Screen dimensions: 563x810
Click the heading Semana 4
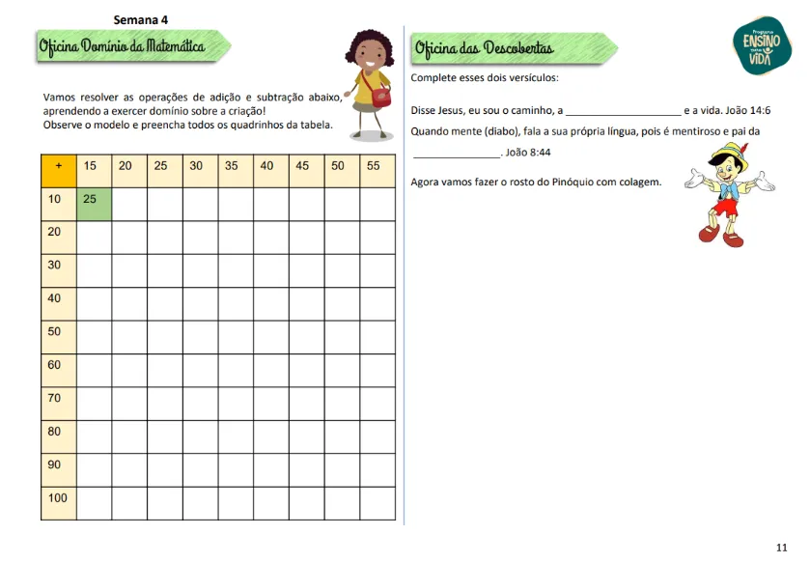pyautogui.click(x=141, y=18)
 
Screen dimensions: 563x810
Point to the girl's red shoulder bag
pyautogui.click(x=379, y=95)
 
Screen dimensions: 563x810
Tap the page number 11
pyautogui.click(x=782, y=548)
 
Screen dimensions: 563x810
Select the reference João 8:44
pyautogui.click(x=528, y=153)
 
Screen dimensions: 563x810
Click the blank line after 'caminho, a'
pyautogui.click(x=622, y=112)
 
